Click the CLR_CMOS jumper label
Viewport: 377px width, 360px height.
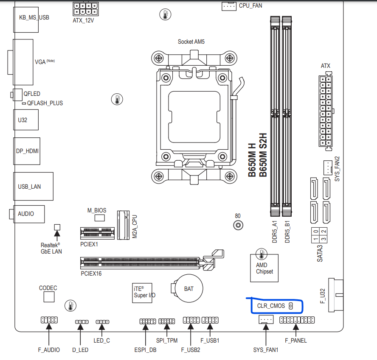pyautogui.click(x=271, y=306)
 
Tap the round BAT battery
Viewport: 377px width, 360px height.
pyautogui.click(x=188, y=289)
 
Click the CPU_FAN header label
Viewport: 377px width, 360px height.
pyautogui.click(x=250, y=6)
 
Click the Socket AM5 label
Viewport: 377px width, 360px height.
pyautogui.click(x=191, y=42)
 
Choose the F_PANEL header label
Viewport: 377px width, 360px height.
pyautogui.click(x=296, y=340)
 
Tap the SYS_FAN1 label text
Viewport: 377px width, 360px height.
pyautogui.click(x=265, y=350)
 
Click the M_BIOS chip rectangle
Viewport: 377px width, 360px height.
pyautogui.click(x=100, y=218)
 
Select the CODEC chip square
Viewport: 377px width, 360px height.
pyautogui.click(x=49, y=296)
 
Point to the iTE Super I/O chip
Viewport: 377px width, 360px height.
pyautogui.click(x=141, y=291)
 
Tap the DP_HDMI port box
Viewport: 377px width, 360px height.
pyautogui.click(x=27, y=151)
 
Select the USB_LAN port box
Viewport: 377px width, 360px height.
pyautogui.click(x=34, y=186)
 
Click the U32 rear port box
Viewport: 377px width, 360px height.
pyautogui.click(x=26, y=120)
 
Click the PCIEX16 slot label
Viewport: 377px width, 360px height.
pyautogui.click(x=91, y=273)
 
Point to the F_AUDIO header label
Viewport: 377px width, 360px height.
pyautogui.click(x=49, y=350)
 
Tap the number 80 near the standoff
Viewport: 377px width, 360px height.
pyautogui.click(x=237, y=215)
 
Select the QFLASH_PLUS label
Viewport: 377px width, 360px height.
pyautogui.click(x=45, y=103)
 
